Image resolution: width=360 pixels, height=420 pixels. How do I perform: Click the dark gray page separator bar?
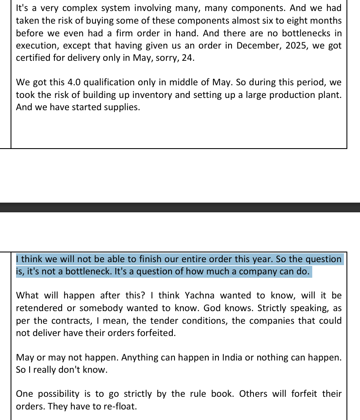180,207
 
